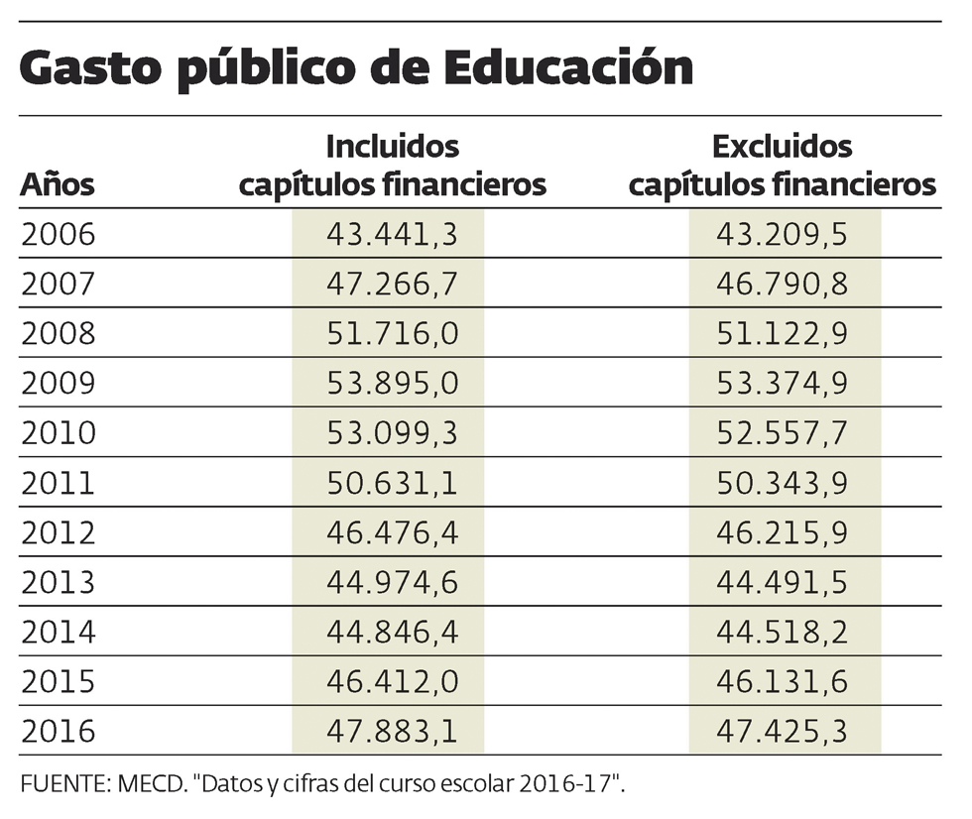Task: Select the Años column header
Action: (x=58, y=184)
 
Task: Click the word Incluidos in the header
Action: (x=393, y=147)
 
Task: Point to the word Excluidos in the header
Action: (x=783, y=147)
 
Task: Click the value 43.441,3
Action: (x=392, y=235)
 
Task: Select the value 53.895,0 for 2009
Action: (x=392, y=384)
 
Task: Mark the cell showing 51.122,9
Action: (x=783, y=334)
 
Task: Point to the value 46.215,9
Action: (x=783, y=532)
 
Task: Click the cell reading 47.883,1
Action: (x=392, y=731)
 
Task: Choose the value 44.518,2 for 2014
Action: (x=783, y=632)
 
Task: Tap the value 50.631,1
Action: (x=392, y=483)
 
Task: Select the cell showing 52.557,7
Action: (x=783, y=433)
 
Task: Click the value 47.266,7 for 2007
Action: (x=392, y=285)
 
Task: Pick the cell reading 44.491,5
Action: (x=783, y=582)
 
